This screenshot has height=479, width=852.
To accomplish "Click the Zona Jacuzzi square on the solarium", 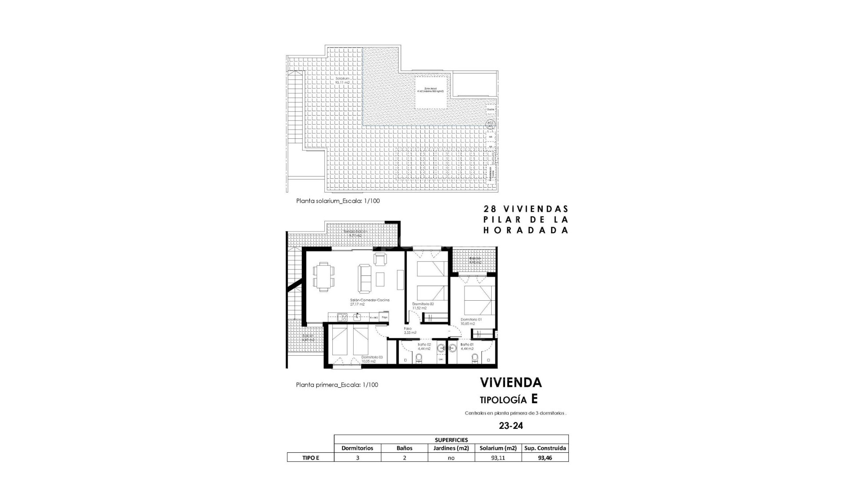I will pyautogui.click(x=430, y=92).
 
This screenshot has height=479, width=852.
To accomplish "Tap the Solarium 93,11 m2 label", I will pyautogui.click(x=343, y=80).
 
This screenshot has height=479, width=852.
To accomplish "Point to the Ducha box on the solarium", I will pyautogui.click(x=490, y=109).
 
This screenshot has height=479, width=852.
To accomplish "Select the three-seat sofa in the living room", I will pyautogui.click(x=365, y=279).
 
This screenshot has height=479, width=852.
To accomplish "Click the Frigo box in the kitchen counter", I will pyautogui.click(x=385, y=317).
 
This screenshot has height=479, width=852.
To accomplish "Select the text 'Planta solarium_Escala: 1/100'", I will pyautogui.click(x=338, y=201).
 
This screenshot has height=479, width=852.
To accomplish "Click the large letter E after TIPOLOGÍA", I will pyautogui.click(x=534, y=399).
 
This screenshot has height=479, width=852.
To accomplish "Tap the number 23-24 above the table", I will pyautogui.click(x=511, y=426).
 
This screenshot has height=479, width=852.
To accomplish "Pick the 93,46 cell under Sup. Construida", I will pyautogui.click(x=545, y=458).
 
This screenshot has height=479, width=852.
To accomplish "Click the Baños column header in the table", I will pyautogui.click(x=404, y=448).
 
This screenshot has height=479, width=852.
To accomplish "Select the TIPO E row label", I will pyautogui.click(x=310, y=458).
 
